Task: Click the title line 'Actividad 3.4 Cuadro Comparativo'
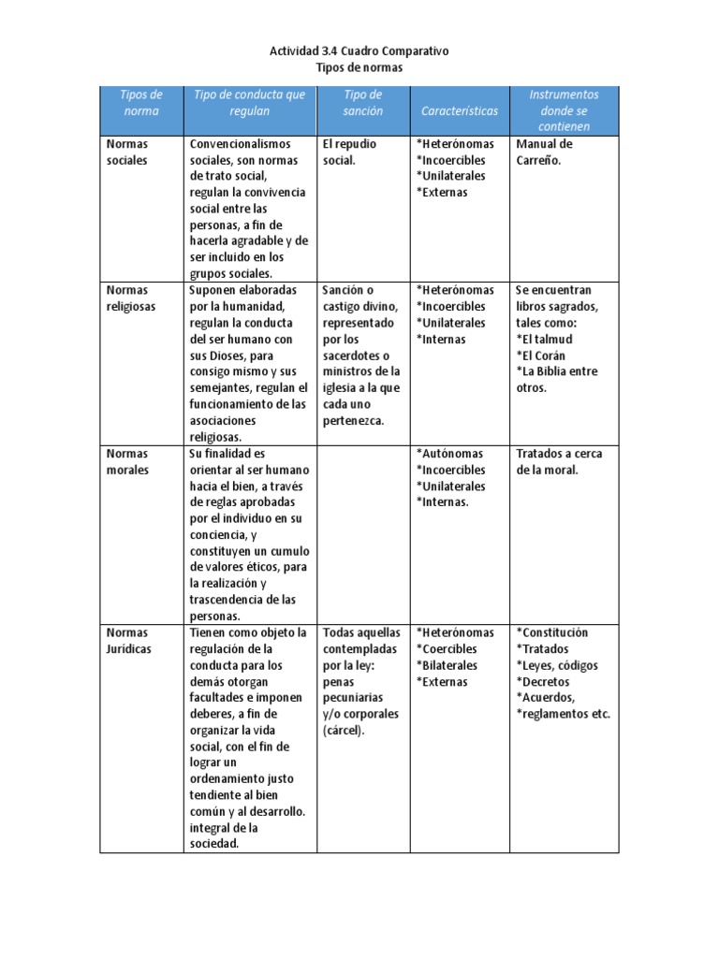tap(359, 51)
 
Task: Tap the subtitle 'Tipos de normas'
tap(359, 68)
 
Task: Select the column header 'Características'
tap(460, 110)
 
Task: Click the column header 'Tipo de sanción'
tap(363, 103)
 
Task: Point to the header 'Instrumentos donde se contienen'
tap(564, 110)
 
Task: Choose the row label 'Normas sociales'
tap(127, 152)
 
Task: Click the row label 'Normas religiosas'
tap(131, 298)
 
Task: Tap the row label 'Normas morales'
tap(127, 461)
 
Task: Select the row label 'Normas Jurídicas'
tap(129, 641)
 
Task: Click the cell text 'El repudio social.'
tap(345, 152)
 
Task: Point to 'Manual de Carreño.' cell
tap(544, 152)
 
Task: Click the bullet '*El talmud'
tap(544, 339)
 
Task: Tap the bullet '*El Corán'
tap(541, 356)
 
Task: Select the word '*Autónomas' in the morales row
tap(450, 454)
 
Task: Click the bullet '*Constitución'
tap(552, 632)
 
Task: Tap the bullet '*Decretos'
tap(542, 682)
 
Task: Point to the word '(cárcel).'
tap(346, 731)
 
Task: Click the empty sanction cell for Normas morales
tap(363, 533)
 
